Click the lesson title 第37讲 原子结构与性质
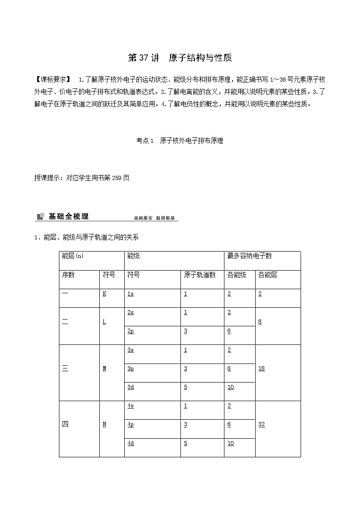pyautogui.click(x=180, y=58)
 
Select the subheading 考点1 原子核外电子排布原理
pyautogui.click(x=180, y=141)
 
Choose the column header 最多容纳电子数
pyautogui.click(x=249, y=256)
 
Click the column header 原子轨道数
pyautogui.click(x=199, y=275)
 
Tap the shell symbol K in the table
pyautogui.click(x=104, y=294)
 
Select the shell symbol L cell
pyautogui.click(x=104, y=322)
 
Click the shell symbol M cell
pyautogui.click(x=104, y=368)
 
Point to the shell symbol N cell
pyautogui.click(x=104, y=425)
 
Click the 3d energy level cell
pyautogui.click(x=131, y=387)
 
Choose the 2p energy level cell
pyautogui.click(x=131, y=331)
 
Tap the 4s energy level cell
pyautogui.click(x=131, y=406)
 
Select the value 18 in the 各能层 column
pyautogui.click(x=262, y=368)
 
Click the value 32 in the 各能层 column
pyautogui.click(x=262, y=425)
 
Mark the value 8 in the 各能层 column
pyautogui.click(x=260, y=322)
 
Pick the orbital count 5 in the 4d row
pyautogui.click(x=185, y=443)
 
